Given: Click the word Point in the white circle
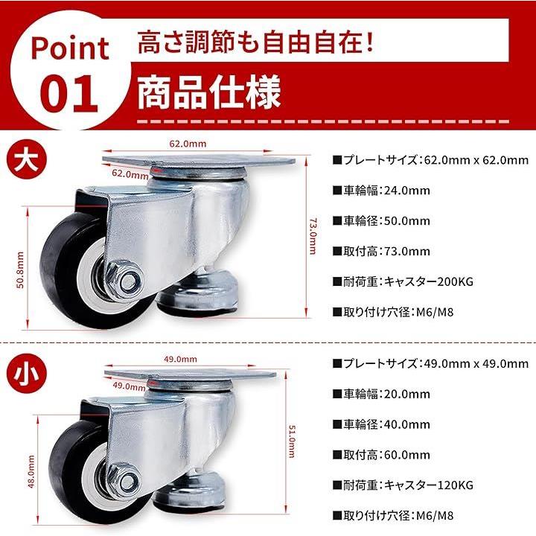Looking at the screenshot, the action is pyautogui.click(x=70, y=48).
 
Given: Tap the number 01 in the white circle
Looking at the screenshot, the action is pyautogui.click(x=69, y=95).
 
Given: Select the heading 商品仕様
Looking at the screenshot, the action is pyautogui.click(x=209, y=92).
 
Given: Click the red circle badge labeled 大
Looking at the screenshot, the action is pyautogui.click(x=28, y=160).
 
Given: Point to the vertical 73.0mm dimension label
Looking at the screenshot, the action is pyautogui.click(x=313, y=237).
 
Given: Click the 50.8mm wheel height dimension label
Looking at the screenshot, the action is pyautogui.click(x=21, y=270).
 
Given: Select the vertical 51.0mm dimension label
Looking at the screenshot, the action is pyautogui.click(x=292, y=441).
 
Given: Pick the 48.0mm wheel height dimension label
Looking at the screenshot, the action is pyautogui.click(x=31, y=471).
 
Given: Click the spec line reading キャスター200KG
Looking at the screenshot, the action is pyautogui.click(x=403, y=281).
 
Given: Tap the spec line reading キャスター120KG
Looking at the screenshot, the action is pyautogui.click(x=403, y=485).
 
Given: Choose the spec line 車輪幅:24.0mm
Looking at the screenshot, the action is pyautogui.click(x=381, y=191).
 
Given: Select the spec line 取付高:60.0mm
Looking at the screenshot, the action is pyautogui.click(x=381, y=455).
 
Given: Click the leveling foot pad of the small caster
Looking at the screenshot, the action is pyautogui.click(x=191, y=492).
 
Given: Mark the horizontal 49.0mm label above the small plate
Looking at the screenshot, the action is pyautogui.click(x=180, y=359).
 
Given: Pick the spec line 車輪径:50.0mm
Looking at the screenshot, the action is pyautogui.click(x=381, y=221).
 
